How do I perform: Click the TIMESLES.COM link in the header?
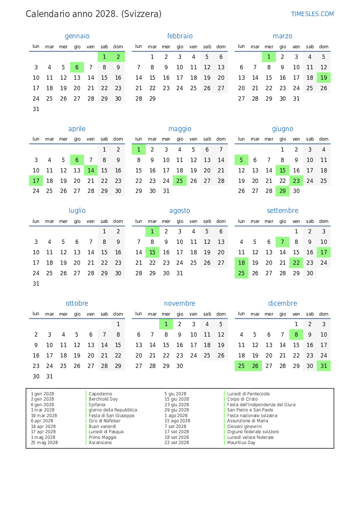312,14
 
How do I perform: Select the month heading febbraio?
180,36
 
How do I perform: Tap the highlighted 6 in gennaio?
77,67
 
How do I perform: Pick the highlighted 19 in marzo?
323,78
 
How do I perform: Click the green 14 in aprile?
91,171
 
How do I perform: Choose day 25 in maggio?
180,181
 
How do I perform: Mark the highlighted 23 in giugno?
296,181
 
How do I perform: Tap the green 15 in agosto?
152,253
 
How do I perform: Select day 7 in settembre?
283,242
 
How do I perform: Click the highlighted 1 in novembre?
166,324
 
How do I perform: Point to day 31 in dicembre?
323,366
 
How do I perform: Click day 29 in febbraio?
152,99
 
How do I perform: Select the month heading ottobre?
77,303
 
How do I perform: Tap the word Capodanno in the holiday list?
101,394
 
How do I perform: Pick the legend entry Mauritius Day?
241,443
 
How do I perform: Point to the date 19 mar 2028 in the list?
44,416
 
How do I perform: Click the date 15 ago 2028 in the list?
177,421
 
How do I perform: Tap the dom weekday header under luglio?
118,221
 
